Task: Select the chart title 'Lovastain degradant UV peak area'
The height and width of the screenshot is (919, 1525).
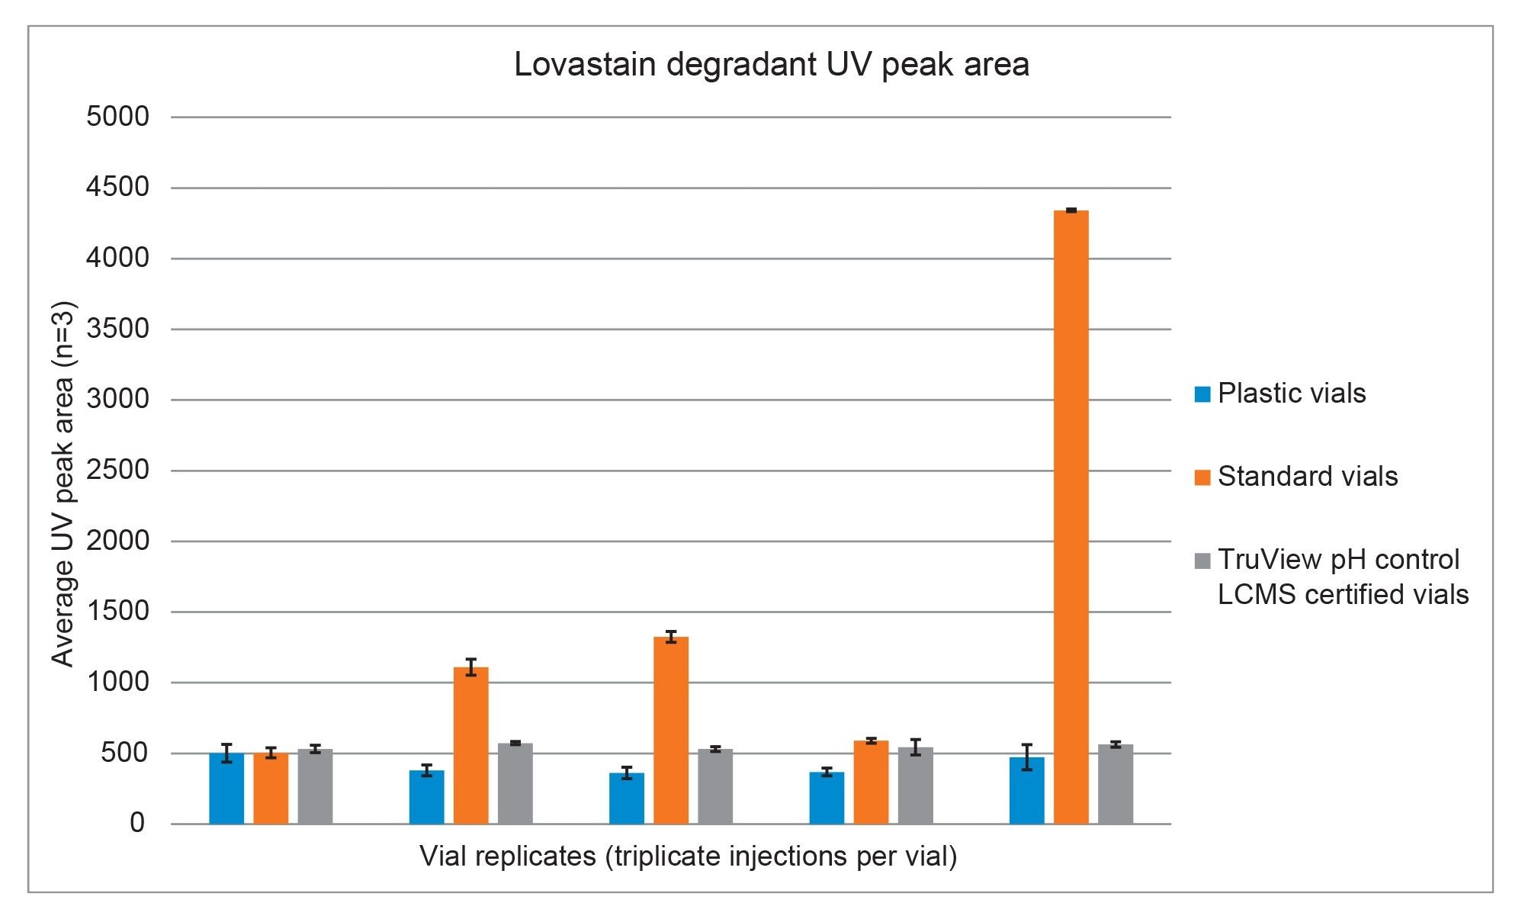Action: pyautogui.click(x=771, y=65)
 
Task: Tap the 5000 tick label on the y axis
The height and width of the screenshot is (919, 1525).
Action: pyautogui.click(x=117, y=117)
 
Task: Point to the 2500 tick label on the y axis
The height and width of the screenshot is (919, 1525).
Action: pyautogui.click(x=117, y=471)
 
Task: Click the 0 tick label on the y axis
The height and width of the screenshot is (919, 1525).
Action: pyautogui.click(x=137, y=824)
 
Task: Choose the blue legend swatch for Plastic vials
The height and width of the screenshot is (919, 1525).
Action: pyautogui.click(x=1202, y=394)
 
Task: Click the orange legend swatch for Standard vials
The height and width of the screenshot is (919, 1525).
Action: pyautogui.click(x=1202, y=477)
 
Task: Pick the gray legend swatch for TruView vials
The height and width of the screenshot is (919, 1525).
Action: pyautogui.click(x=1202, y=561)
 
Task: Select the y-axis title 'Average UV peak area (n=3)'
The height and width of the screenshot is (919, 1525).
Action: pyautogui.click(x=63, y=485)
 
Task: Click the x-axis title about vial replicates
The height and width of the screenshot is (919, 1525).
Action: pyautogui.click(x=688, y=856)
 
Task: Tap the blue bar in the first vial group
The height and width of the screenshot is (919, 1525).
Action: pyautogui.click(x=226, y=789)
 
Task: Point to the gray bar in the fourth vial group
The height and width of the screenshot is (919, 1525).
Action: pyautogui.click(x=915, y=786)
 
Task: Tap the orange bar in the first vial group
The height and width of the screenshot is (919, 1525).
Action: pyautogui.click(x=271, y=789)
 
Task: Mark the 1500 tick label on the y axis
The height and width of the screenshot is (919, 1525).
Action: pyautogui.click(x=117, y=612)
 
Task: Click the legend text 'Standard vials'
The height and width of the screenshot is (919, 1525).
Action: pyautogui.click(x=1308, y=477)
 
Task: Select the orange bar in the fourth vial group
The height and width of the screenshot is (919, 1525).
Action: pyautogui.click(x=871, y=782)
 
